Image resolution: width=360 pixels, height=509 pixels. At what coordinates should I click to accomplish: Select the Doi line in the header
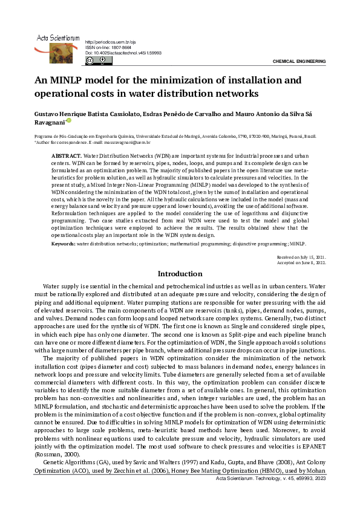coord(123,53)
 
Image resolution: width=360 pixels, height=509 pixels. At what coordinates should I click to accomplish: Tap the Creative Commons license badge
coord(97,60)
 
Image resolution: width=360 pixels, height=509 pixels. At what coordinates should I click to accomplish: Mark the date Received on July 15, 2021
coord(301,258)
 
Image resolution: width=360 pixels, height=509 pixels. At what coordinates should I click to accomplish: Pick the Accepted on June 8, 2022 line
coord(301,263)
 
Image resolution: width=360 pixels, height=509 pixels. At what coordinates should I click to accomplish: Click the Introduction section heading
coord(180,274)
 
